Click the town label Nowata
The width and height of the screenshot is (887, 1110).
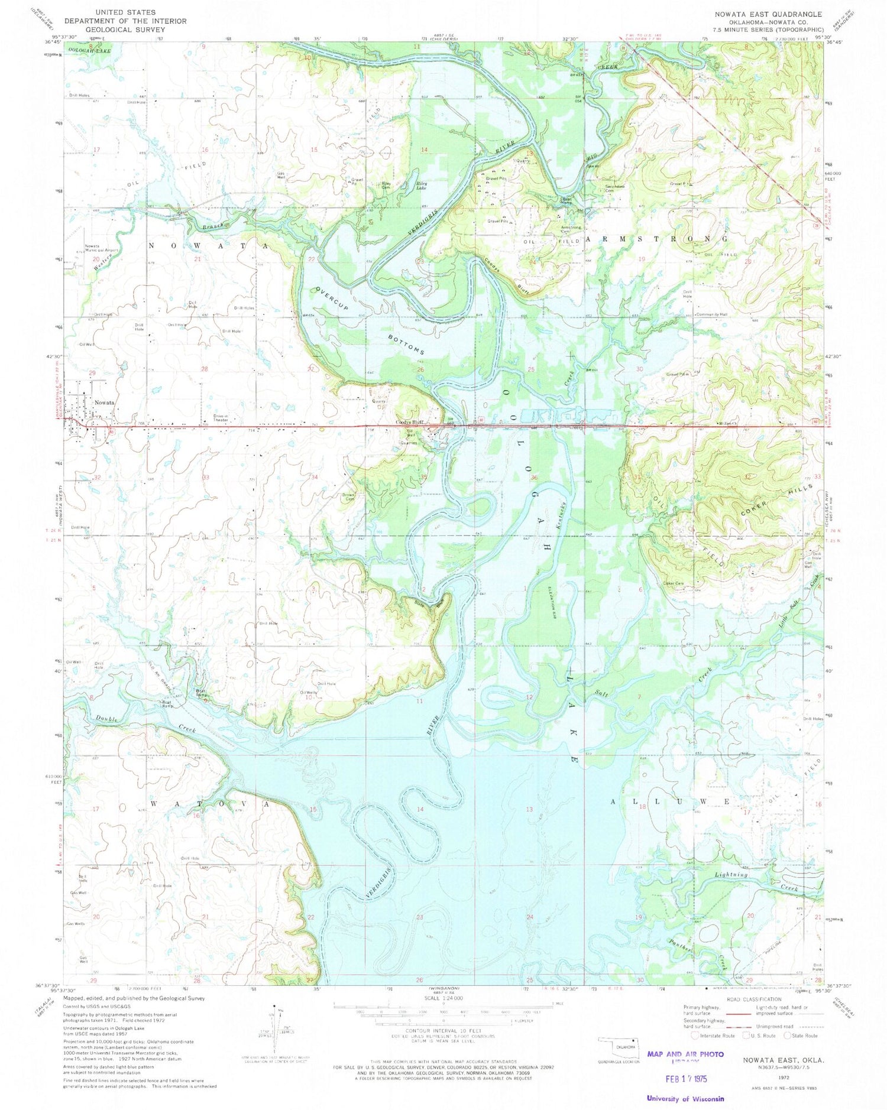point(104,403)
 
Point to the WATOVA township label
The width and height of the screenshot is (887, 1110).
point(211,804)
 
